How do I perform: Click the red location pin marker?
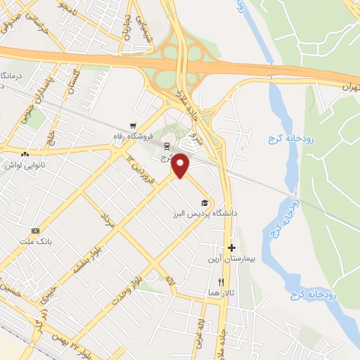click(181, 165)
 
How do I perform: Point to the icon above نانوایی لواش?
click(25, 155)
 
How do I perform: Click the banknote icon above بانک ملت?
click(36, 231)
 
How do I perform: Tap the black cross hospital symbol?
click(231, 247)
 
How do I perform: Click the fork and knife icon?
click(221, 282)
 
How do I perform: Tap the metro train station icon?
click(167, 146)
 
